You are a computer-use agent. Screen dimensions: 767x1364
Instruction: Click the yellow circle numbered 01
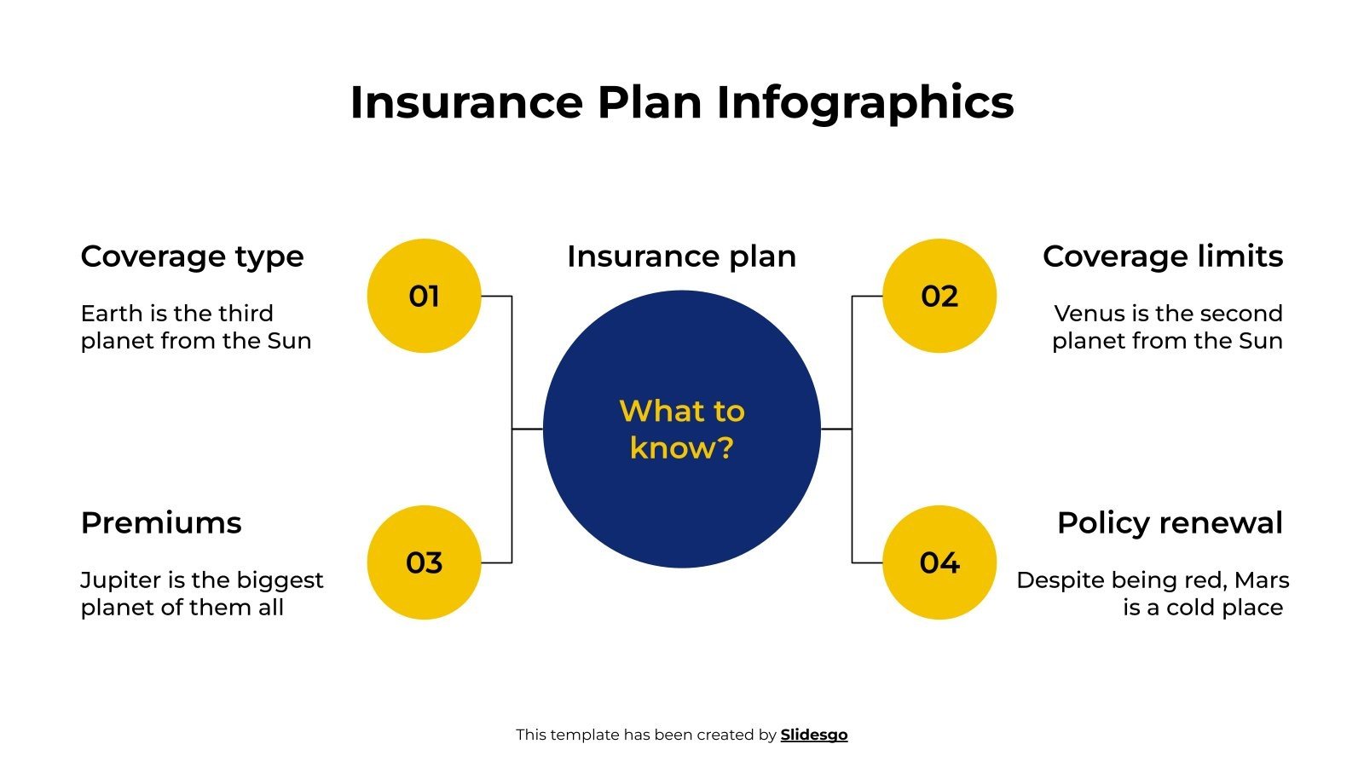pyautogui.click(x=424, y=296)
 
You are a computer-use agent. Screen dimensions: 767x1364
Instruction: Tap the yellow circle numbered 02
pyautogui.click(x=939, y=296)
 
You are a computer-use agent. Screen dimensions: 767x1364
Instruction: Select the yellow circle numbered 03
pyautogui.click(x=424, y=562)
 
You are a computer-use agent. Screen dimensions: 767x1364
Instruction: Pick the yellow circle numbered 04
pyautogui.click(x=939, y=562)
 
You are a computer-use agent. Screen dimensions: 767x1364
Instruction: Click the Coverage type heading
pyautogui.click(x=192, y=257)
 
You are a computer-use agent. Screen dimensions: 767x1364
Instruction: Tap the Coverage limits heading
pyautogui.click(x=1162, y=257)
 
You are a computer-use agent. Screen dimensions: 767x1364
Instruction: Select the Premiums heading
pyautogui.click(x=161, y=523)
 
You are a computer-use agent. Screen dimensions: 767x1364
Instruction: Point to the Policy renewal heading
pyautogui.click(x=1169, y=523)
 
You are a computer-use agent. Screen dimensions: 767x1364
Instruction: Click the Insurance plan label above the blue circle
pyautogui.click(x=681, y=257)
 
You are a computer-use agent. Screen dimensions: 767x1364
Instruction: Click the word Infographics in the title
pyautogui.click(x=864, y=103)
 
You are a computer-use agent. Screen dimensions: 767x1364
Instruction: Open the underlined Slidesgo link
pyautogui.click(x=813, y=735)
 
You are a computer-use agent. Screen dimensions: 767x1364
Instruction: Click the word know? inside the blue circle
pyautogui.click(x=681, y=448)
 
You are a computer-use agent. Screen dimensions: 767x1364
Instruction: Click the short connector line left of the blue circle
pyautogui.click(x=527, y=430)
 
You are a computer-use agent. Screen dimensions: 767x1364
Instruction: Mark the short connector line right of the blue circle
pyautogui.click(x=836, y=430)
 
